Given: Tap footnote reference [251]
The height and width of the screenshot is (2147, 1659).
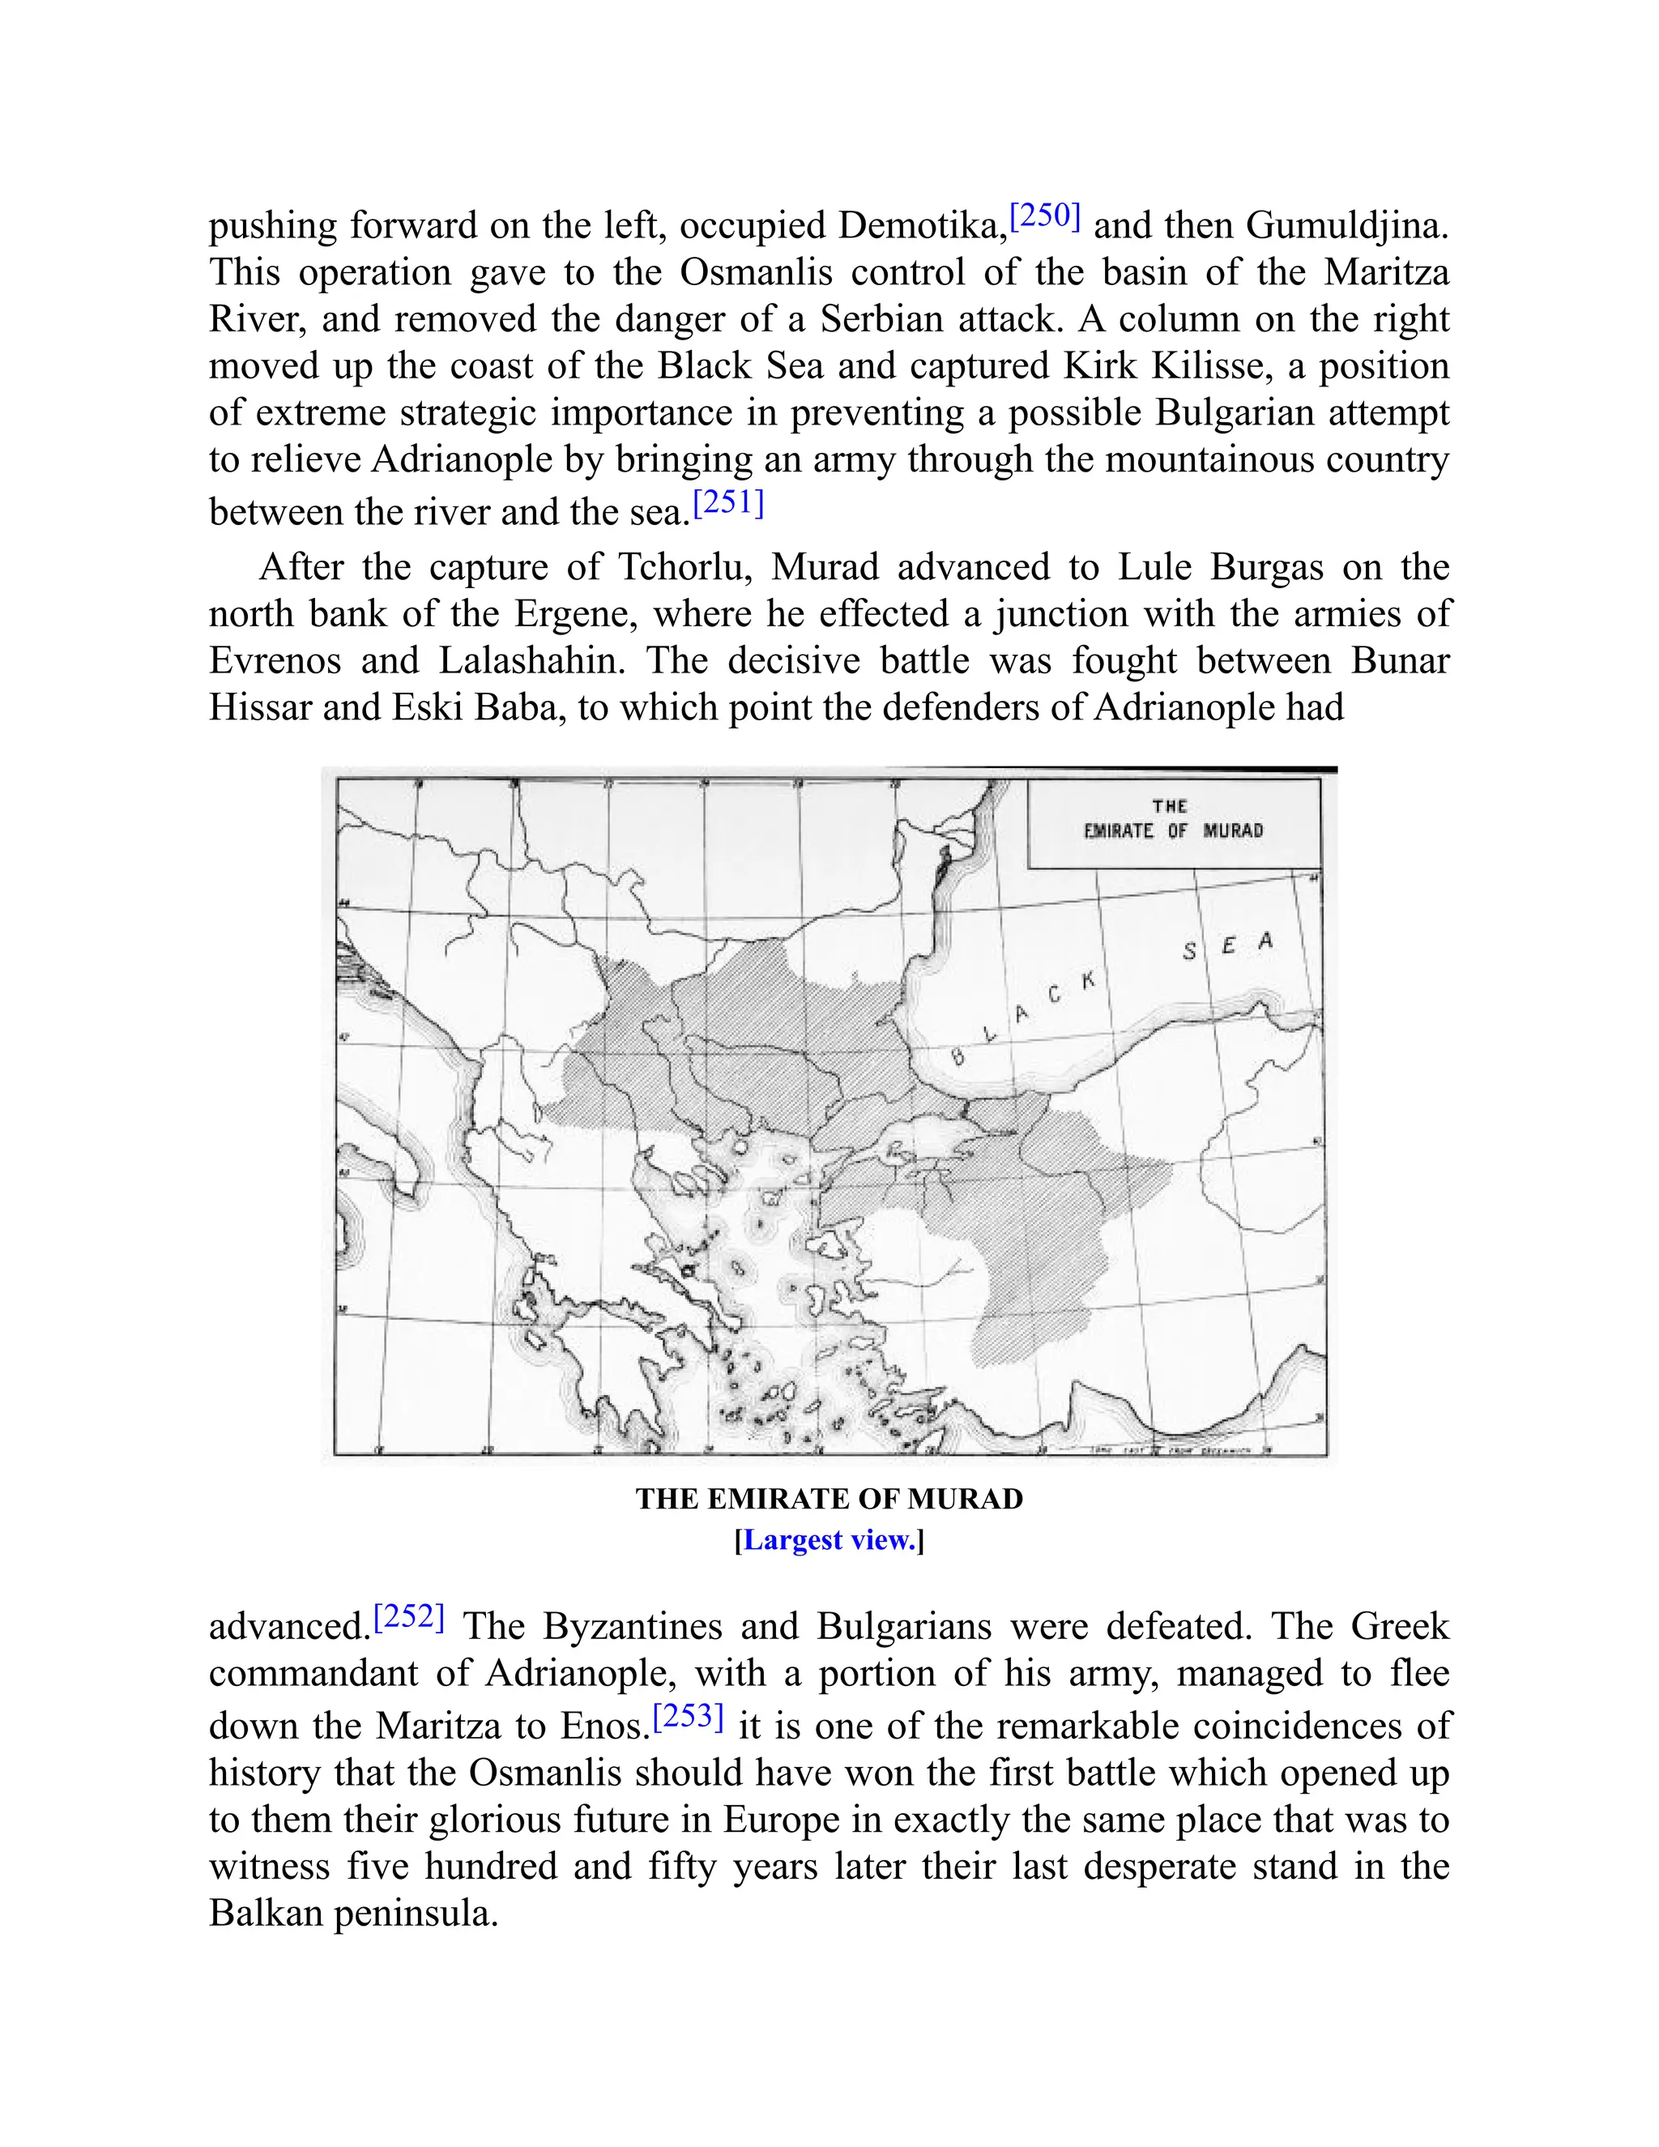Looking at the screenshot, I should coord(728,503).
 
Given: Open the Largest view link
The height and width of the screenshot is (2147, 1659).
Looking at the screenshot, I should coord(829,1540).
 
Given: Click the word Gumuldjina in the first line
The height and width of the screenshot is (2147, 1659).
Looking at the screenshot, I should coord(1346,226).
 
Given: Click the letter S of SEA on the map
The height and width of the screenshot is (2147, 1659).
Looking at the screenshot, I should coord(1190,952).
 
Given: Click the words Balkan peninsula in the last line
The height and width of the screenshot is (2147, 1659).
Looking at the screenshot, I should coord(353,1913).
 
